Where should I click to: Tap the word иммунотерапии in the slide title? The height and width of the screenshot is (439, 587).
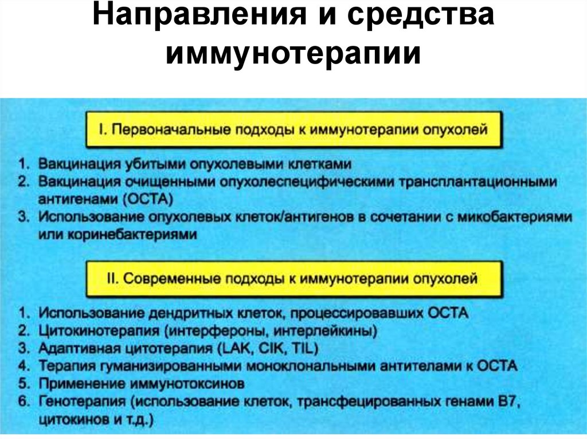[293, 54]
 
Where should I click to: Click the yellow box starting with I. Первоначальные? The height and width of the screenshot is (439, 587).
[293, 130]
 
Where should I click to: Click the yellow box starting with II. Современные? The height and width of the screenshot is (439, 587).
[293, 279]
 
